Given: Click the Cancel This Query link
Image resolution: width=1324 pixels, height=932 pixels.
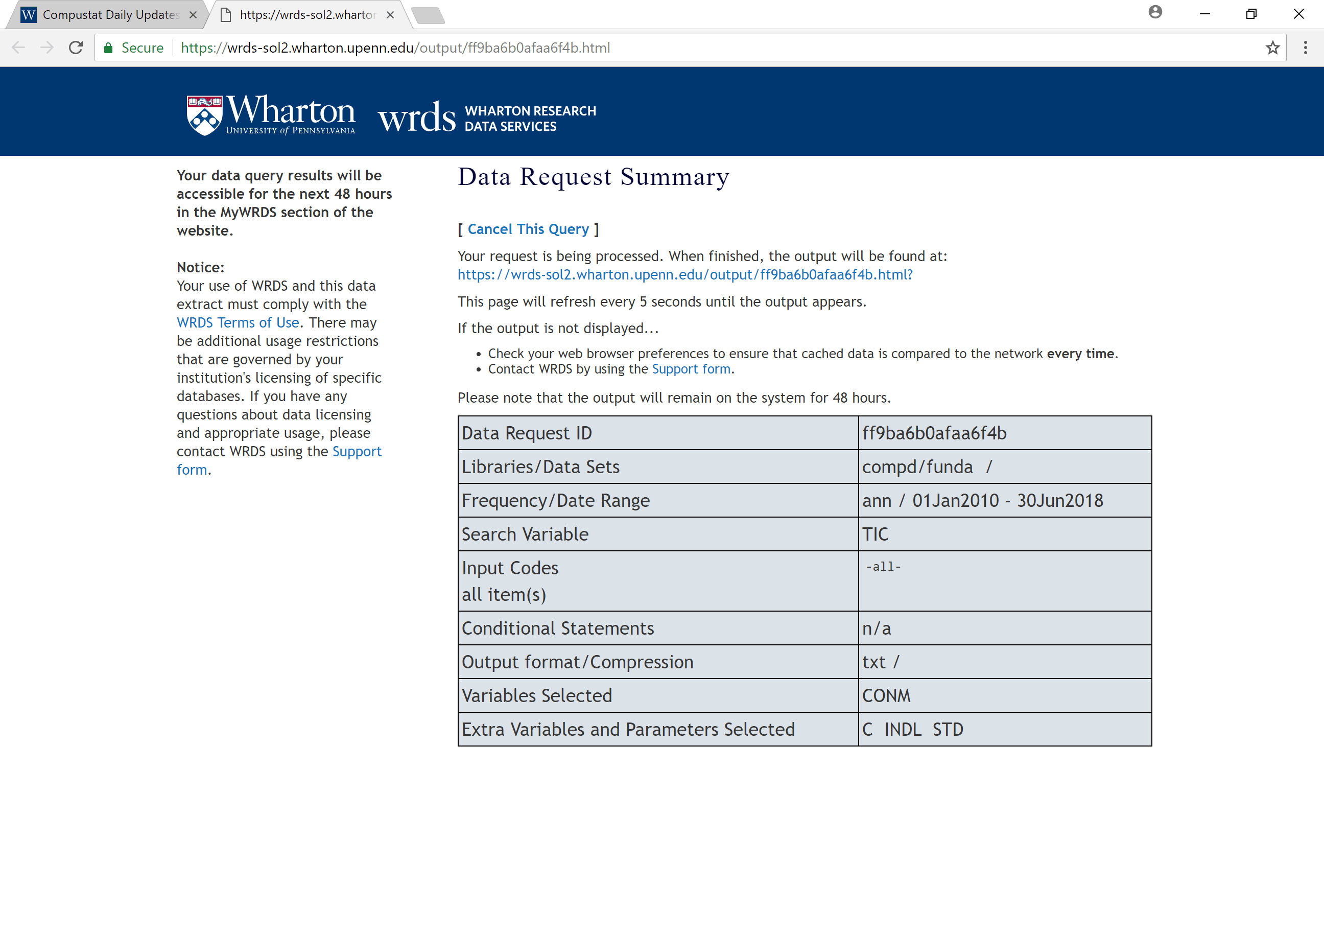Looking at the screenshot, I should coord(528,229).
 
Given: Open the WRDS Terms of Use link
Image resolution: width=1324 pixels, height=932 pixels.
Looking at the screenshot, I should coord(238,322).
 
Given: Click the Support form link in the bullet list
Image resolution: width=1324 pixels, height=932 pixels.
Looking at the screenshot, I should coord(691,369).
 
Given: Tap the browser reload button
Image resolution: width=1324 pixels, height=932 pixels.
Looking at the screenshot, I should coord(76,48).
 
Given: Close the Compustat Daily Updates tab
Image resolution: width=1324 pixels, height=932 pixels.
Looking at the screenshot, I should coord(193,15).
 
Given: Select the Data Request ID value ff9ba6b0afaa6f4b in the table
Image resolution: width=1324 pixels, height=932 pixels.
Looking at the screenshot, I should coord(934,433).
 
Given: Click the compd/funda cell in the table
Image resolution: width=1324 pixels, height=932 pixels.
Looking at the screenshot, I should coord(917,467).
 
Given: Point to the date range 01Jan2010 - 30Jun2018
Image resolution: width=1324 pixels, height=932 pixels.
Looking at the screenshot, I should coord(1007,501).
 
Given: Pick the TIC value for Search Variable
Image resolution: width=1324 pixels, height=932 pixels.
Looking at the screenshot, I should coord(875,534).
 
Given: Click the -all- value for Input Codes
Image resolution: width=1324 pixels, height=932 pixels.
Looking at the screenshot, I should coord(883,567).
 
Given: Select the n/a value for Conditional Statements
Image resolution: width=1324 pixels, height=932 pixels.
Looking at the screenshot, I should coord(876,628).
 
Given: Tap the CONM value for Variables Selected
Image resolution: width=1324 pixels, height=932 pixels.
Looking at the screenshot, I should coord(886,695).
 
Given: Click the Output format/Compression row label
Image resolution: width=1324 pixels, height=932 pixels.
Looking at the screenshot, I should coord(577,662).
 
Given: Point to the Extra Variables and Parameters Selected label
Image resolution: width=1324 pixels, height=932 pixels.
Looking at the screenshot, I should coord(628,730).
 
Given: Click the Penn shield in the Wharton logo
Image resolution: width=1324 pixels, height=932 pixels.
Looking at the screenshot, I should coord(204,115).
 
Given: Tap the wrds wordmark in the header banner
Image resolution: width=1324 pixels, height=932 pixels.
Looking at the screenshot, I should coord(416,117).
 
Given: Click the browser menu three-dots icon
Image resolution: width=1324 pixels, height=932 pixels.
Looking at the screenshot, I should coord(1305,48).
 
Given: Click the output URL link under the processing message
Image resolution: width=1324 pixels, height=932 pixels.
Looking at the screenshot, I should coord(684,274).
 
